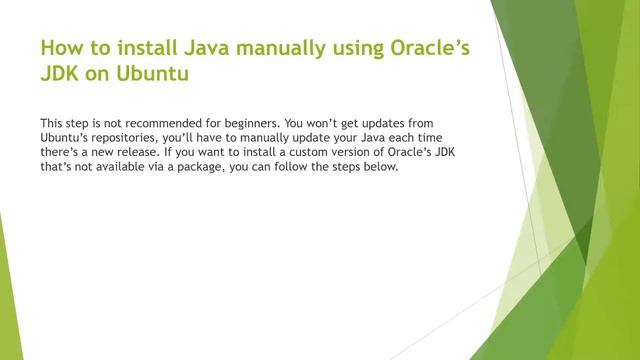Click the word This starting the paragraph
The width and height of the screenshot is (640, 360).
50,119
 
